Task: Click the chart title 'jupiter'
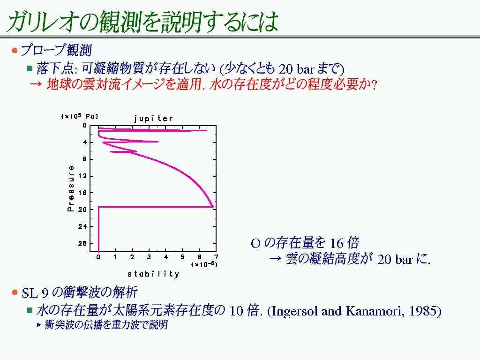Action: coord(153,119)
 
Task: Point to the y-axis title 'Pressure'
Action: coord(71,188)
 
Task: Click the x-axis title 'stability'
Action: coord(153,274)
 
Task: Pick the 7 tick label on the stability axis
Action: coord(216,257)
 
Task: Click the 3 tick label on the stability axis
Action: coord(149,257)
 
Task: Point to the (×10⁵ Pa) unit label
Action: coord(80,116)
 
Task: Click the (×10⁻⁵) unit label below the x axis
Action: coord(204,264)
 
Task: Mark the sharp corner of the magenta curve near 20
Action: coord(213,207)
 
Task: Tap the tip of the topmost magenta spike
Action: coord(206,131)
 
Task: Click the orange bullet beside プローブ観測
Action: coord(15,50)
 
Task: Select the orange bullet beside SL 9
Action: coord(15,292)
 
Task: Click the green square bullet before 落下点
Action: coord(30,68)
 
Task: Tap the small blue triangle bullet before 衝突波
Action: coord(39,324)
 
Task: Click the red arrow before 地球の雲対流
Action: coord(36,84)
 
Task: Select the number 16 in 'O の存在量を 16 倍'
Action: coord(337,243)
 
